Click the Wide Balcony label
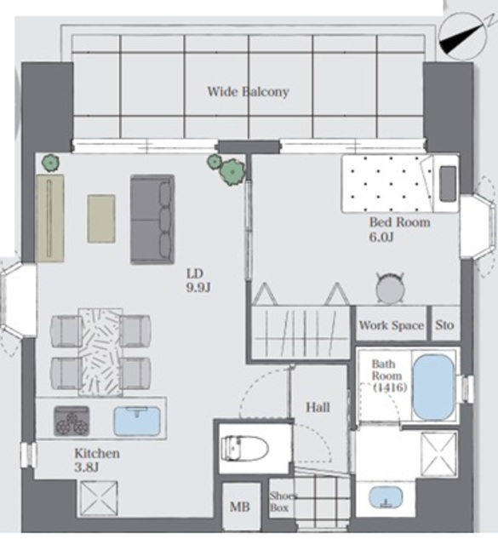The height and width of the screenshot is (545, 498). click(248, 92)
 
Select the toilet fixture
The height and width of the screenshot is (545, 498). click(245, 449)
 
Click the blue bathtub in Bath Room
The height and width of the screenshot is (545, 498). click(434, 387)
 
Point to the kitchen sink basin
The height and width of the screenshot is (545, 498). click(137, 422)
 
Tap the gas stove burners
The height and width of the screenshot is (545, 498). click(72, 422)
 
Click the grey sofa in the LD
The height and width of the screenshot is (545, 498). click(152, 220)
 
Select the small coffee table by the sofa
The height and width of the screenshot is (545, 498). click(101, 218)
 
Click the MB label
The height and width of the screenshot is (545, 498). click(240, 507)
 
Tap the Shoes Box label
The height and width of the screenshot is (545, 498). click(283, 502)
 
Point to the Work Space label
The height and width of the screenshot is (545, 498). click(392, 325)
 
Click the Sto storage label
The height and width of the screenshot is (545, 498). click(445, 325)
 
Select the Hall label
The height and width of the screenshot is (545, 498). click(318, 407)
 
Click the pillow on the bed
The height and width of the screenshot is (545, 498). click(448, 184)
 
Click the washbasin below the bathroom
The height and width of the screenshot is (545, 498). click(386, 497)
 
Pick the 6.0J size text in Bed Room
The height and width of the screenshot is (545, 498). click(381, 237)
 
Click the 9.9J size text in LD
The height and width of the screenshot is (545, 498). click(198, 288)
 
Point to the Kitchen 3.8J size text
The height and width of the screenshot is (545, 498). click(87, 468)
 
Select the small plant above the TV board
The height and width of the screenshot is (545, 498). click(51, 163)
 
